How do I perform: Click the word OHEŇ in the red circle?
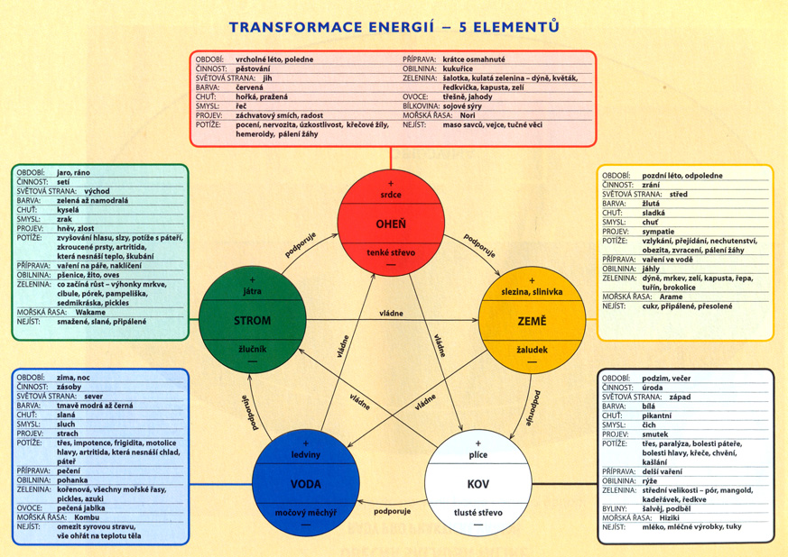[391, 224]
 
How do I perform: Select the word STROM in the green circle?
[253, 321]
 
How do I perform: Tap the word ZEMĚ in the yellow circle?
[532, 321]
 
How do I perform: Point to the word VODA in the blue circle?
[306, 484]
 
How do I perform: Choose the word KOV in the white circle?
[478, 484]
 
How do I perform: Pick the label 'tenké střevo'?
[391, 253]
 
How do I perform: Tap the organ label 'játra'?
[253, 292]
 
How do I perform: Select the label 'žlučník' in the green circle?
[253, 349]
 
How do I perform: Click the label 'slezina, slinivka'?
[532, 292]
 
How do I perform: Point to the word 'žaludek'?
[532, 349]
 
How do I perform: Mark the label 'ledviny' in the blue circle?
[306, 455]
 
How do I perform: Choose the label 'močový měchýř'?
[306, 513]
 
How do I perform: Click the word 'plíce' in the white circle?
[478, 455]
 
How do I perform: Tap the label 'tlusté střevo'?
[478, 513]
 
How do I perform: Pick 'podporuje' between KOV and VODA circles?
[392, 512]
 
